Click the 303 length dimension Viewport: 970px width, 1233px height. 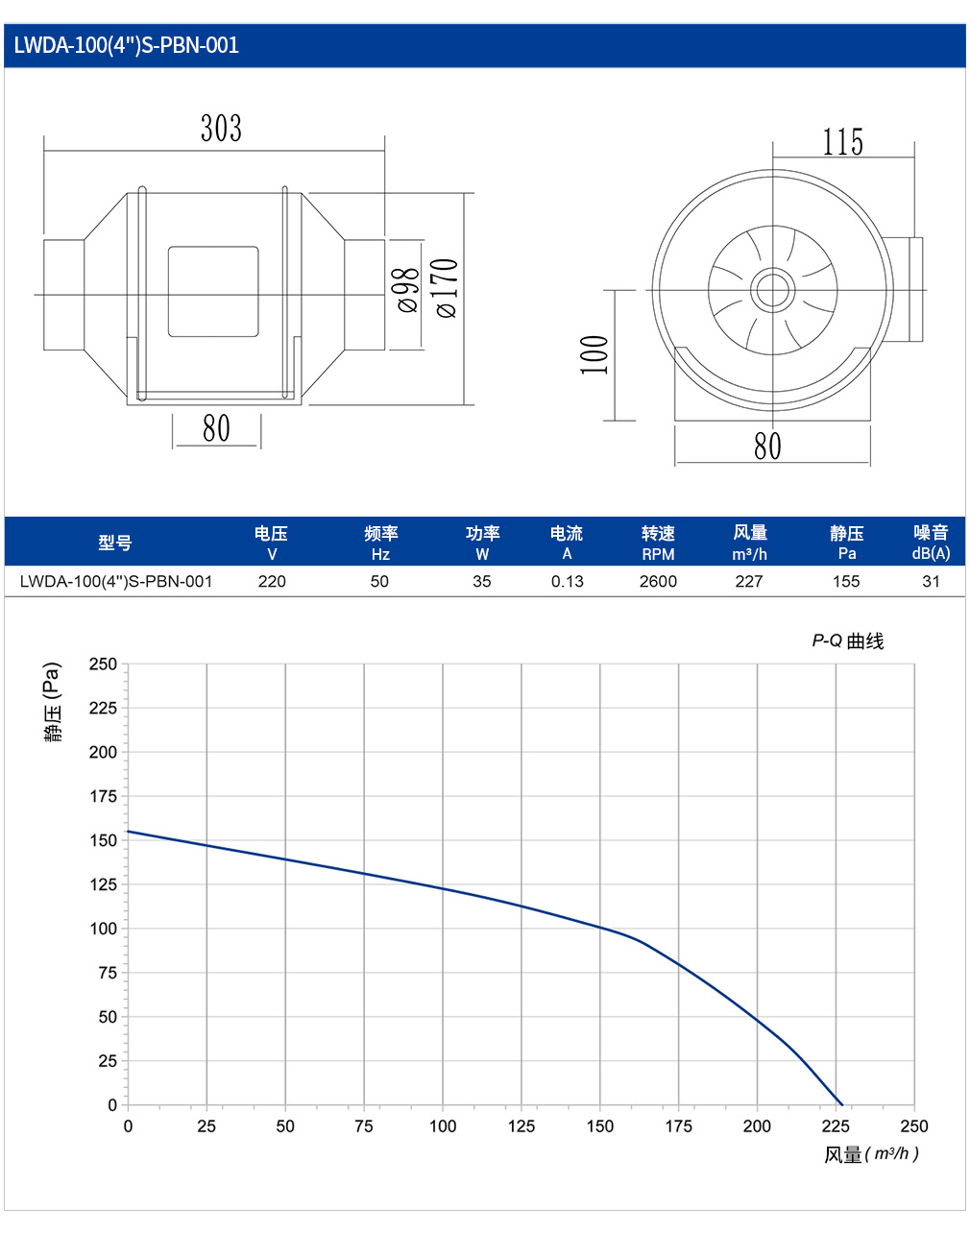(x=221, y=128)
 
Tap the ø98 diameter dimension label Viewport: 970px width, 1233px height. (x=408, y=290)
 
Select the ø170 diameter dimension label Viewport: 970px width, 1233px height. (x=447, y=288)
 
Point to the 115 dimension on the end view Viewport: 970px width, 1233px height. (x=843, y=142)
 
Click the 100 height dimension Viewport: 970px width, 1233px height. (x=594, y=355)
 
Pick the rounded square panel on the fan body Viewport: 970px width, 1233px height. (x=213, y=292)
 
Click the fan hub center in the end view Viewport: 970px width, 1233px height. (x=772, y=290)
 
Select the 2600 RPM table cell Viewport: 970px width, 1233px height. (x=658, y=582)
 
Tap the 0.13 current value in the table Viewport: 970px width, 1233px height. (x=568, y=582)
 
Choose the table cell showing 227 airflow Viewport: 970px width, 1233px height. (x=749, y=582)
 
